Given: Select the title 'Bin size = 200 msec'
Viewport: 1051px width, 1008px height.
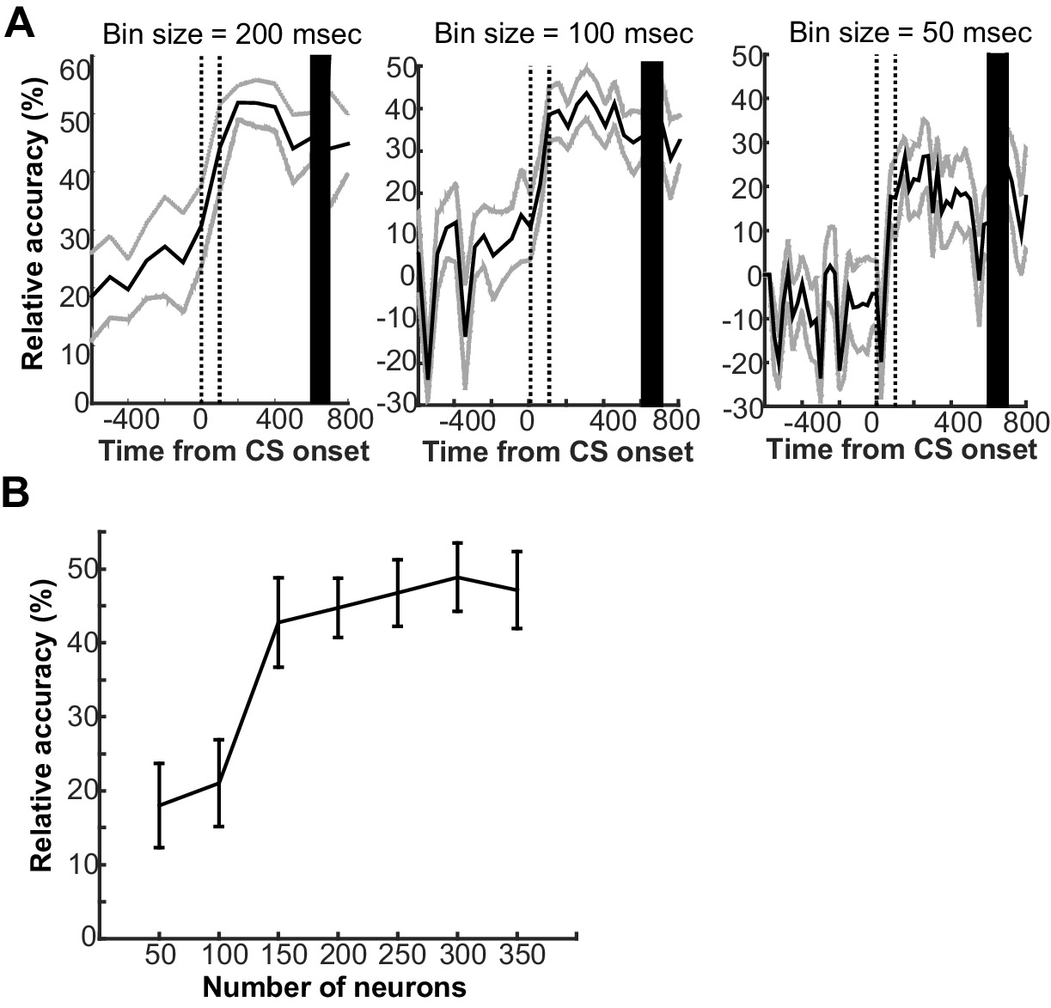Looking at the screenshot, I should point(232,34).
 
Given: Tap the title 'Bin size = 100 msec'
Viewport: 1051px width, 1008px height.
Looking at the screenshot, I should point(564,34).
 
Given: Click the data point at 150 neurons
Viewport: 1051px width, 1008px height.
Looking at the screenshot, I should point(278,622).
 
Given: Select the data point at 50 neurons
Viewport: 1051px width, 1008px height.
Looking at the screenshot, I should point(159,805).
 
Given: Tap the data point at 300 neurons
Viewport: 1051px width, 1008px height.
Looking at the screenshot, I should point(457,577).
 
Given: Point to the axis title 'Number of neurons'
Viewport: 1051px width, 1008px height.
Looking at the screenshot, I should point(335,987).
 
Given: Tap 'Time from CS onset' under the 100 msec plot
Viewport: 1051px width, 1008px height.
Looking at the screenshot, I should point(558,451).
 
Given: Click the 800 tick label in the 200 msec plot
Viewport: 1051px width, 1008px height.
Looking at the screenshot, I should point(349,419).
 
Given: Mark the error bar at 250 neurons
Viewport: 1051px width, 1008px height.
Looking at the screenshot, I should point(398,593).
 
